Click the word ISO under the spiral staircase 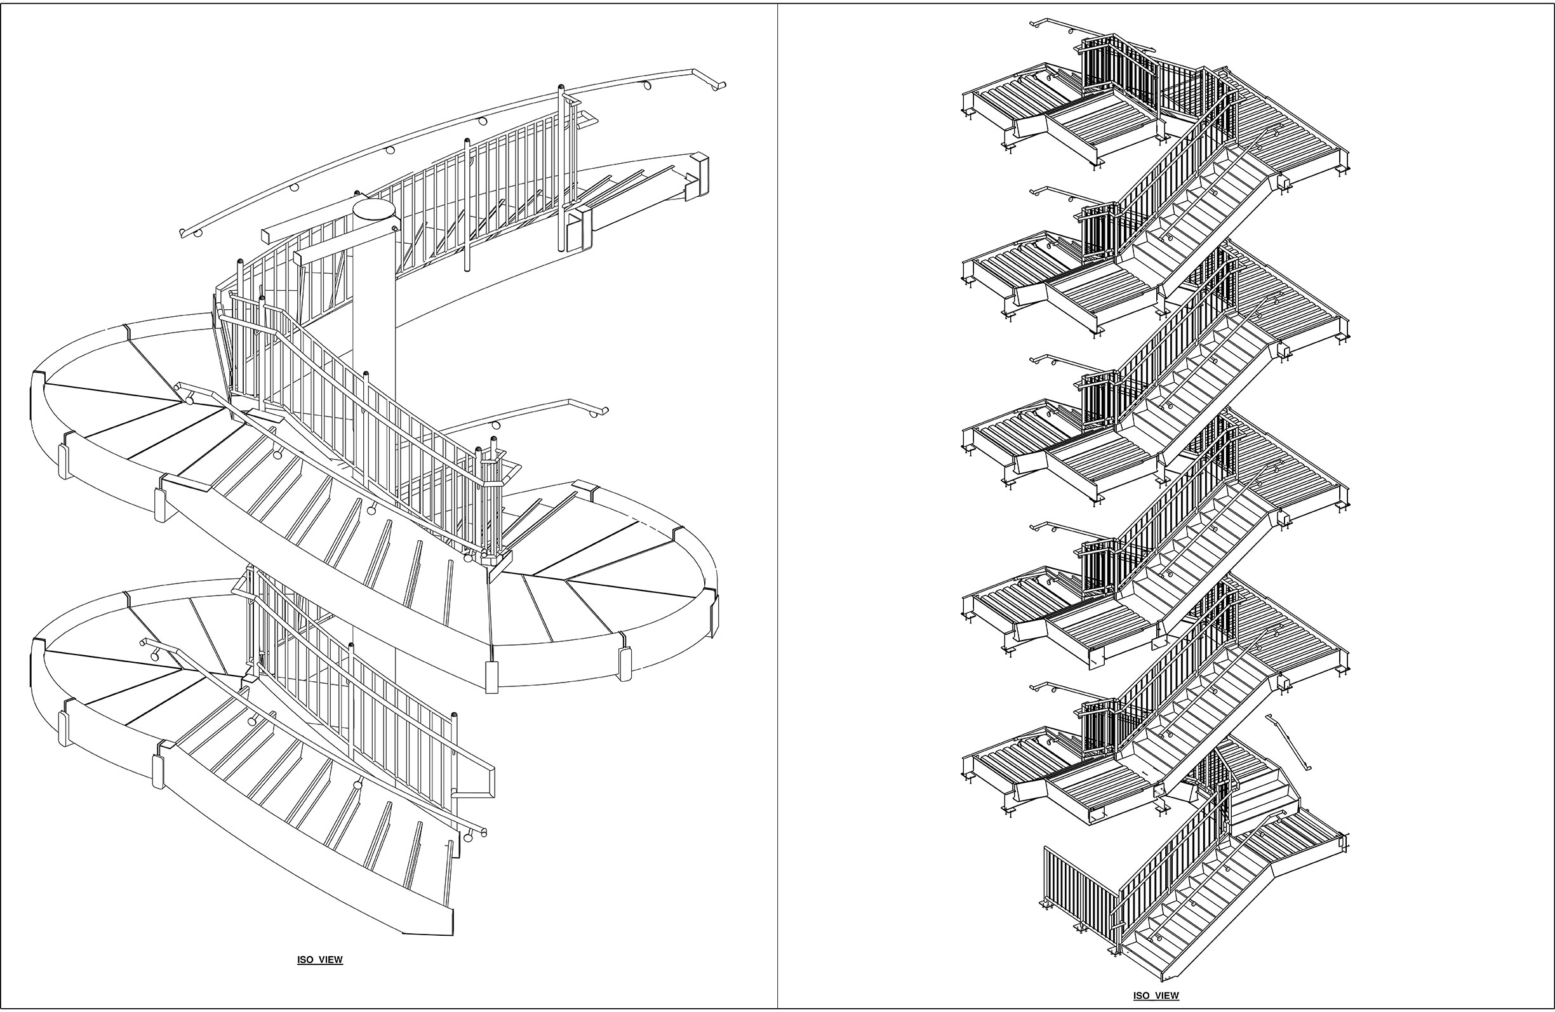tap(306, 960)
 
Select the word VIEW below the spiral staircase tap(331, 960)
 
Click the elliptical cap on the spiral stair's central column tap(375, 209)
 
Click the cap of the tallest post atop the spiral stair tap(561, 87)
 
